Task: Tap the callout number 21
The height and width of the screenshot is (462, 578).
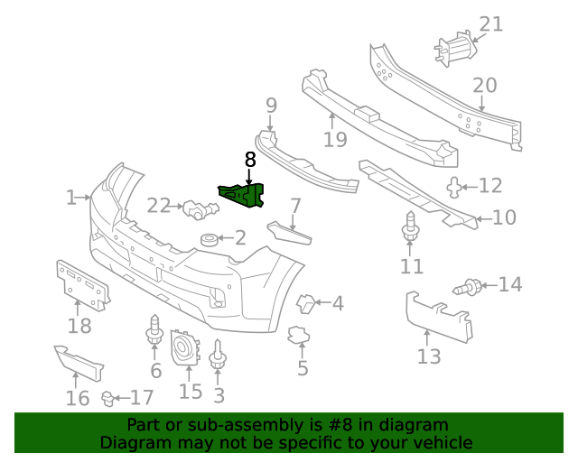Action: coord(490,23)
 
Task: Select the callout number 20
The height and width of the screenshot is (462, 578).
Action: coord(484,86)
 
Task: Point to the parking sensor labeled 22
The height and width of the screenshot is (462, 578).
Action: coord(198,210)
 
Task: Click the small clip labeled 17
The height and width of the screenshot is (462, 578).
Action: coord(108,396)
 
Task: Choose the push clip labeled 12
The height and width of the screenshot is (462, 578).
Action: coord(454,187)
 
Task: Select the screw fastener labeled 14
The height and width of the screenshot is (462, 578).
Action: coord(471,288)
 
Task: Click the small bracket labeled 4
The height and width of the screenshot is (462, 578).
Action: coord(306,304)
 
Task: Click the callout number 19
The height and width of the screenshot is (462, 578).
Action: coord(334,139)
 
